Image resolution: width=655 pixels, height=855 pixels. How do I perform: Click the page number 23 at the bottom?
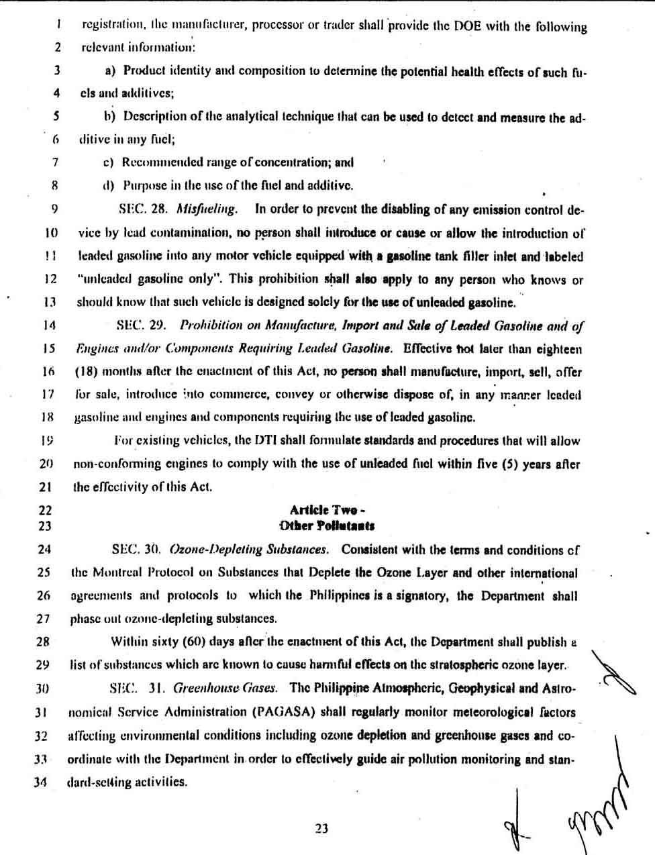(321, 828)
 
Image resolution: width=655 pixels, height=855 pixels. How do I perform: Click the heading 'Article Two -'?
(327, 510)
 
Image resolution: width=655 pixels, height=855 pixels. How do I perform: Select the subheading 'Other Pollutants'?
(327, 526)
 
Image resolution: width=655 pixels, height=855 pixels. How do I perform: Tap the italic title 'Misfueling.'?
(207, 209)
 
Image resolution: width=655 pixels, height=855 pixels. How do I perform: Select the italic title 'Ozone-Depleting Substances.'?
(250, 550)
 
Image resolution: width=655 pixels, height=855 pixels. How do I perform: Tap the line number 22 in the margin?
(44, 510)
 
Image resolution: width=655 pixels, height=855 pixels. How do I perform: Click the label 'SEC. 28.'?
(143, 209)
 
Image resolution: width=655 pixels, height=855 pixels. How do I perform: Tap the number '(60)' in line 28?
(193, 642)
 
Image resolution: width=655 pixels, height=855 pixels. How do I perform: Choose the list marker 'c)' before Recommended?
(108, 162)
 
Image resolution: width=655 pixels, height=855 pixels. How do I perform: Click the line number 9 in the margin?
(55, 209)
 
